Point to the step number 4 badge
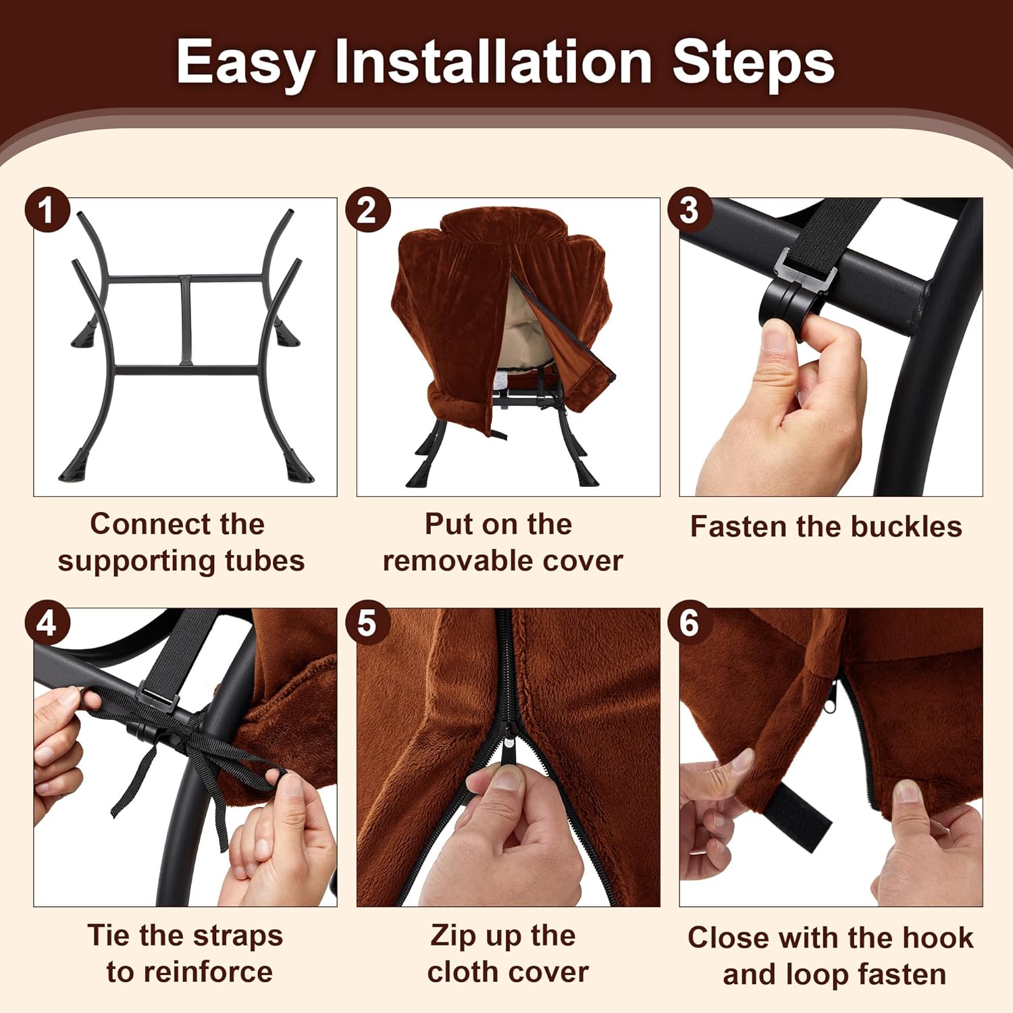(47, 622)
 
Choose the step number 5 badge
(368, 622)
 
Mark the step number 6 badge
(690, 622)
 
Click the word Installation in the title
(494, 62)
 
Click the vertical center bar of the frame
(186, 321)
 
